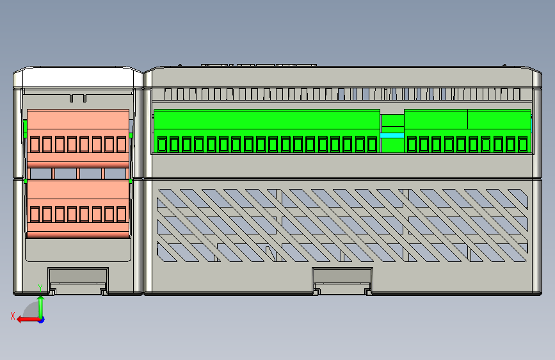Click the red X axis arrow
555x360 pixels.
22,318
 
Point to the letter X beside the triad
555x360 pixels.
12,315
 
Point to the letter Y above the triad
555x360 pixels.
40,288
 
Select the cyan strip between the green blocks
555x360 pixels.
392,135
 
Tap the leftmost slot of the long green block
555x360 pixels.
162,144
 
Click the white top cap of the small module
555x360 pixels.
78,78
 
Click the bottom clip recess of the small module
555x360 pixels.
78,279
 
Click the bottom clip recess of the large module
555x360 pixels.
342,279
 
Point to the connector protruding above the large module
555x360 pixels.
259,64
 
